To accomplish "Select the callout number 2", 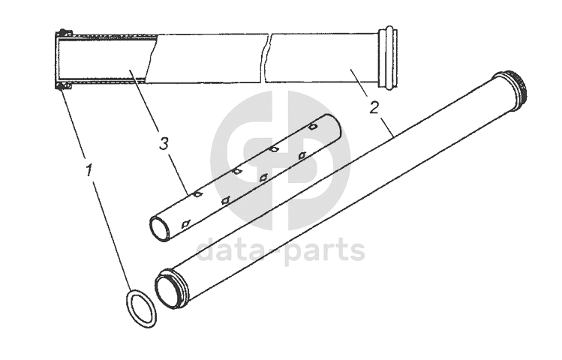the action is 373,106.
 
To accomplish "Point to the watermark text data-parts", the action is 281,250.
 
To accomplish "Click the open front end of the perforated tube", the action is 161,228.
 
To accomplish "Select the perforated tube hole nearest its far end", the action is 313,128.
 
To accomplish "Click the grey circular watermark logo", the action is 281,161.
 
